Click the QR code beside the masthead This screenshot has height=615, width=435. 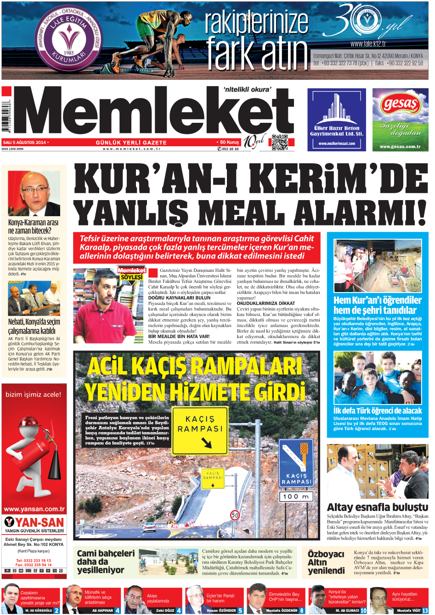(279, 142)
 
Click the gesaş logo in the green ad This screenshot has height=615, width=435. (400, 104)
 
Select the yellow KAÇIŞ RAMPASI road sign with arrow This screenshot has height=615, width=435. (200, 431)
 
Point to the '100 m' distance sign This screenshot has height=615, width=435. (296, 496)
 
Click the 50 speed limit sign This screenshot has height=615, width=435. (235, 515)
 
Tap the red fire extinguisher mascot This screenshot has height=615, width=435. (34, 455)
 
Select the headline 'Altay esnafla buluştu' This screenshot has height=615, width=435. (377, 507)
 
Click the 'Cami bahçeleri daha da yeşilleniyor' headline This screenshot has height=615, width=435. (106, 562)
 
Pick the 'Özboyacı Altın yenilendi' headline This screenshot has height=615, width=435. (326, 562)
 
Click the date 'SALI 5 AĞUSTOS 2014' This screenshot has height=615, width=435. (25, 143)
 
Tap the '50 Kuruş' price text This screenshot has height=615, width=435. (228, 143)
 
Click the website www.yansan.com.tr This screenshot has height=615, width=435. (34, 509)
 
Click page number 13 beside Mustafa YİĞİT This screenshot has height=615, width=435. (425, 610)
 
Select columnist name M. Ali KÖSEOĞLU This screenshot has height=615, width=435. (39, 610)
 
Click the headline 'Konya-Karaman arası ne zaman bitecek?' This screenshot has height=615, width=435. (33, 226)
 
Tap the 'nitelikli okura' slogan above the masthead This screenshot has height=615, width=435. (247, 90)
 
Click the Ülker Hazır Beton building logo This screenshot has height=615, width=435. (337, 110)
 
